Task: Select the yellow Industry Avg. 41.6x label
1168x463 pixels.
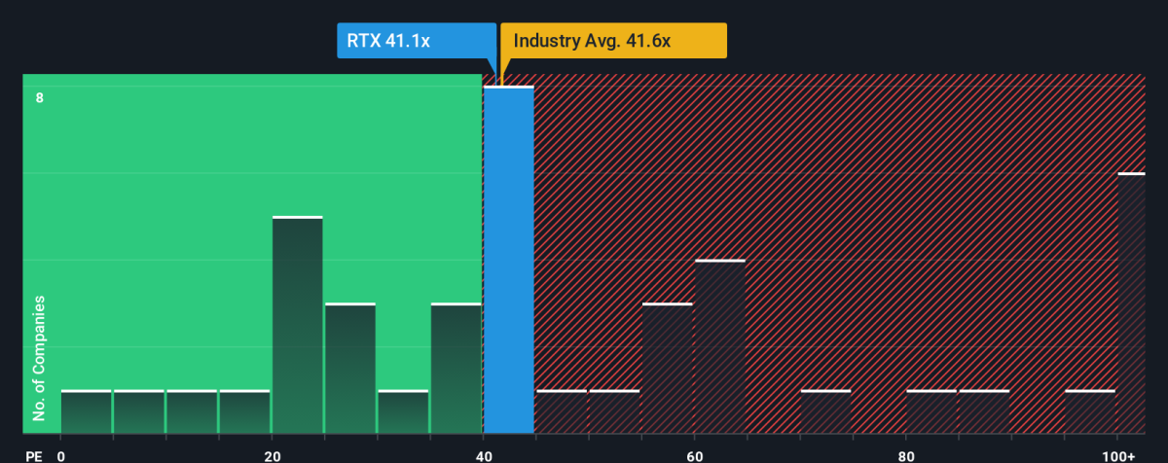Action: pos(613,41)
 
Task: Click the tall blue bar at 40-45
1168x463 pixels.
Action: pos(509,260)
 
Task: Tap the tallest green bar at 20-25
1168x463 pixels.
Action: pos(298,325)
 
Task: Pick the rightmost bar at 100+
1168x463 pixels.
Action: pos(1131,303)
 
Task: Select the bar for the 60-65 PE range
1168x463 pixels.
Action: pos(720,346)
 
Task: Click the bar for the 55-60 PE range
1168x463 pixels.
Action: pos(668,369)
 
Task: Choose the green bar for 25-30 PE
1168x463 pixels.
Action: pos(350,369)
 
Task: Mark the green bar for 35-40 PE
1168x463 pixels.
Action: pos(456,369)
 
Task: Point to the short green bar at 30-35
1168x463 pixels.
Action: pos(403,411)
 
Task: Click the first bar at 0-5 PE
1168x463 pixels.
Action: pos(86,411)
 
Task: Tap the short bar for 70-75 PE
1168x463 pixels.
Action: pos(825,411)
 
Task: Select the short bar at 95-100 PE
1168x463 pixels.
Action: pos(1090,411)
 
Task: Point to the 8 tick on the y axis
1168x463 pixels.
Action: pos(40,97)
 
